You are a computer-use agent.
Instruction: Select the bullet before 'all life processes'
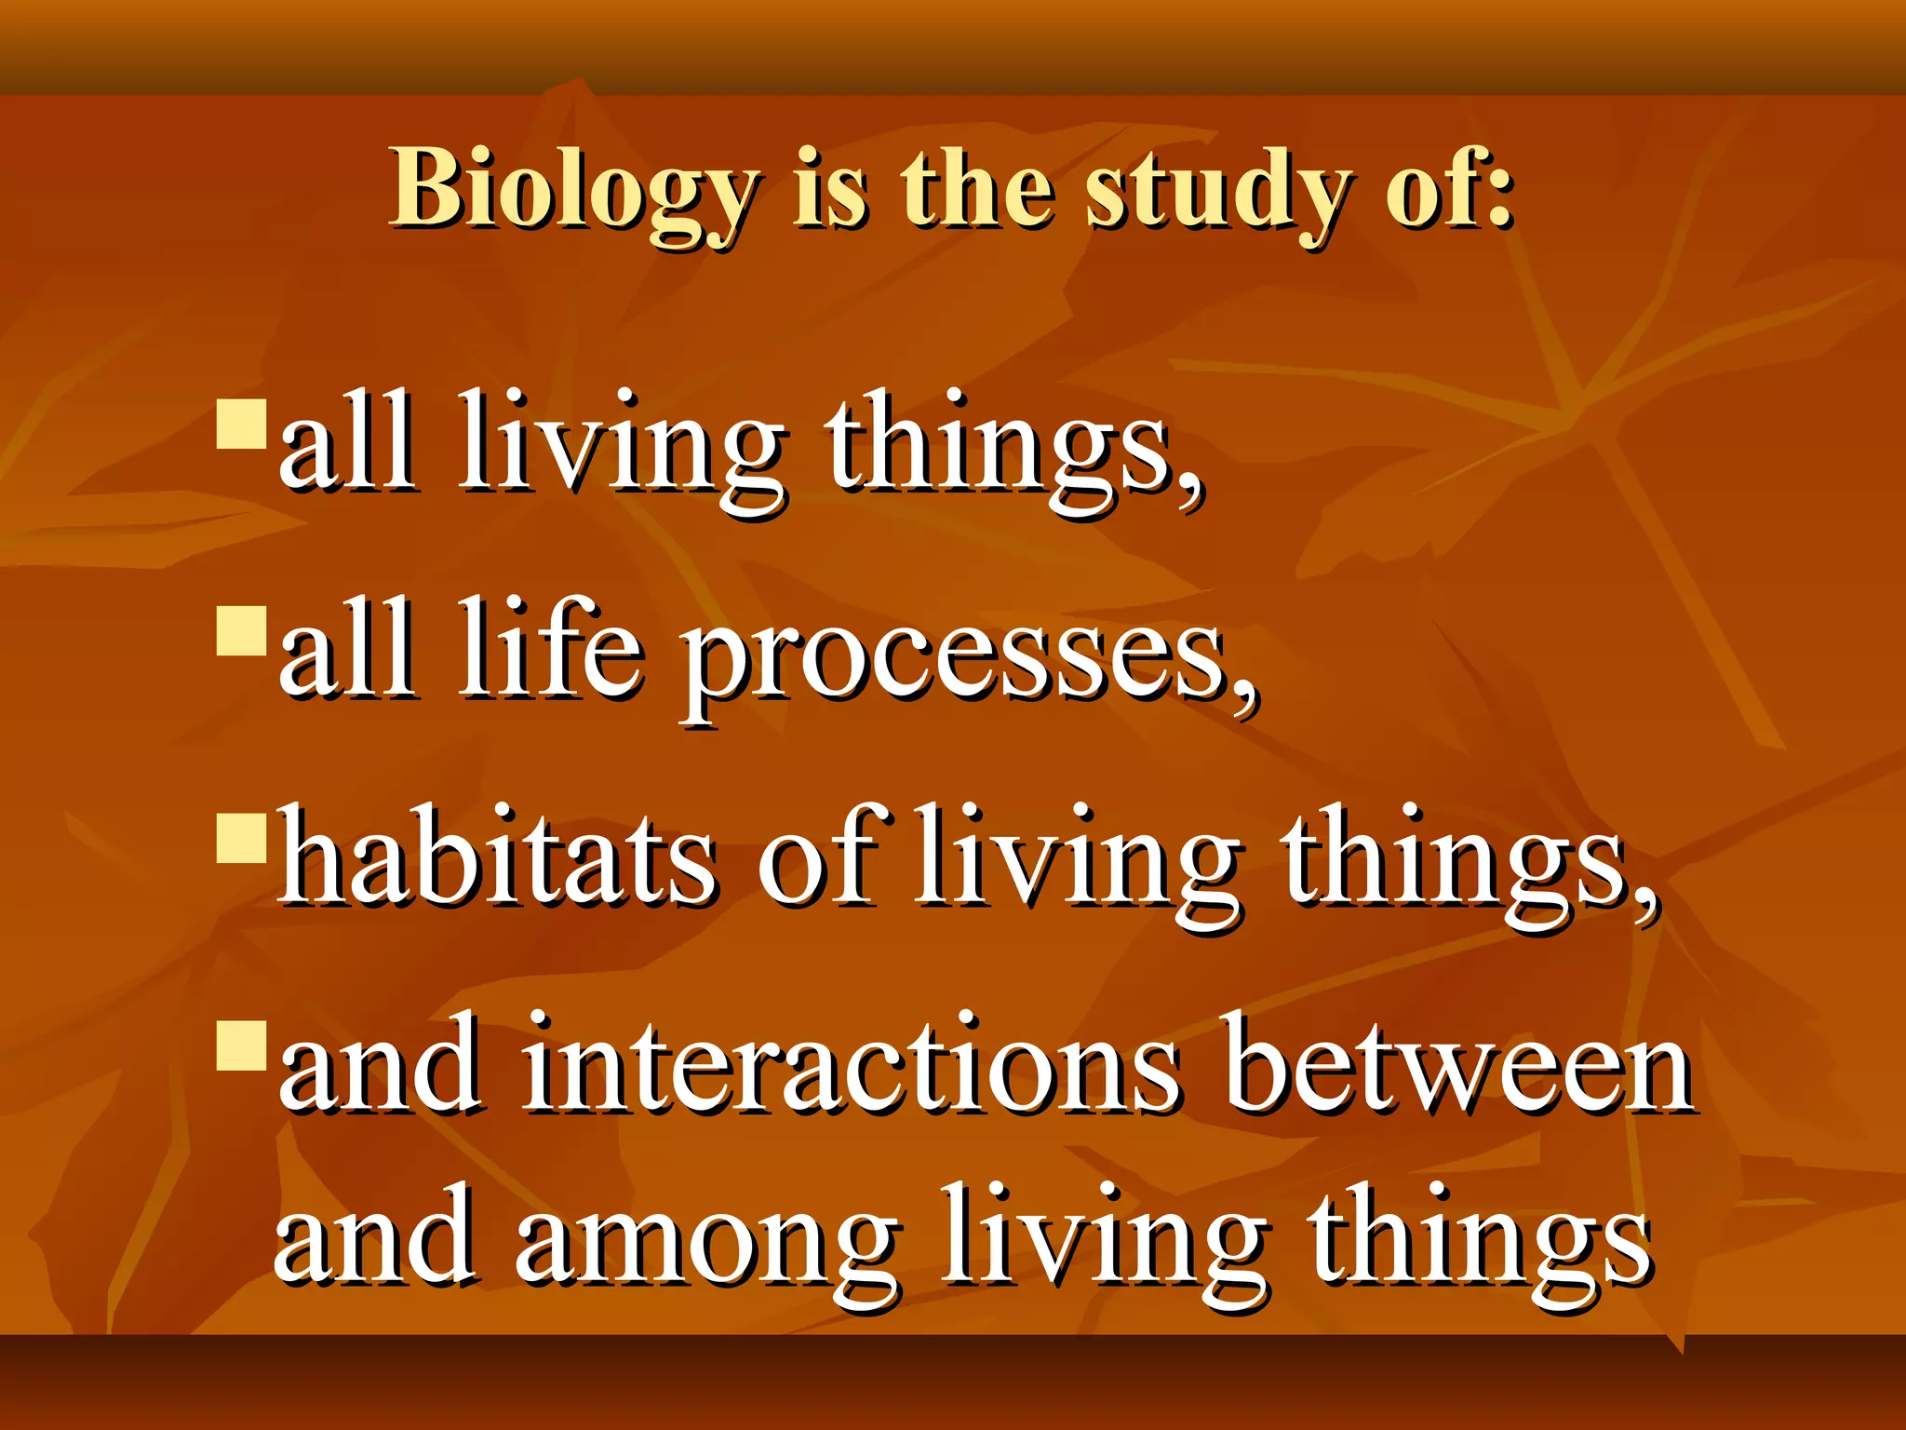[x=242, y=632]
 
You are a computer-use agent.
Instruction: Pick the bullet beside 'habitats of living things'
[x=242, y=839]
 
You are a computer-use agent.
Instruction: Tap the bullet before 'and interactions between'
[x=242, y=1046]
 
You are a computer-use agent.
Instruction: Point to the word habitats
[x=498, y=857]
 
